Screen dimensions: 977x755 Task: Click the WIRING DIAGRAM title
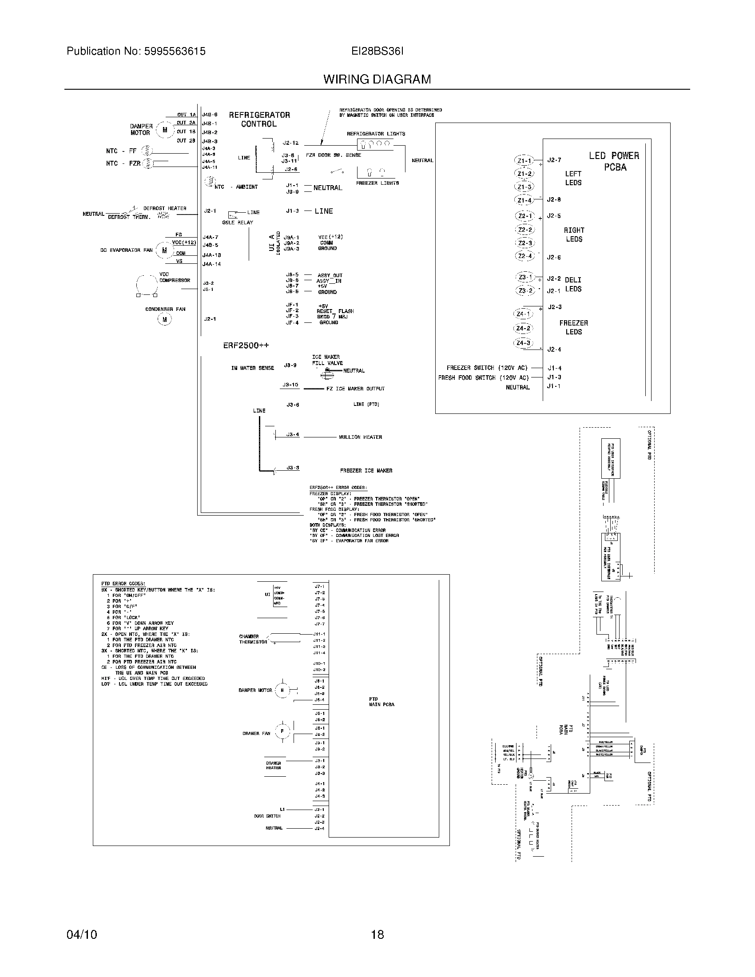(x=377, y=79)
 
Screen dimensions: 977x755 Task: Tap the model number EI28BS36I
(x=377, y=52)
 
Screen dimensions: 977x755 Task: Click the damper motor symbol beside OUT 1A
(x=165, y=130)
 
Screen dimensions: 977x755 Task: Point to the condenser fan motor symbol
(x=165, y=319)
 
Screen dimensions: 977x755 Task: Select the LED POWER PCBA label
(x=614, y=161)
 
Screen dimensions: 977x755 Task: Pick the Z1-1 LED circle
(x=524, y=161)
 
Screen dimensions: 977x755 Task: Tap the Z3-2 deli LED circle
(x=525, y=290)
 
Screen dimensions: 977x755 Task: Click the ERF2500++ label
(x=246, y=346)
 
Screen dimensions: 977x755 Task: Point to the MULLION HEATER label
(x=360, y=437)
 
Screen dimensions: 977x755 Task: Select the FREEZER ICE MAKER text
(x=366, y=471)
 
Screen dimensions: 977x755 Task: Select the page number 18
(x=377, y=934)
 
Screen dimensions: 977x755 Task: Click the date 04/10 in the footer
(x=82, y=934)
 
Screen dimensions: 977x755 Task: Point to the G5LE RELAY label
(x=238, y=222)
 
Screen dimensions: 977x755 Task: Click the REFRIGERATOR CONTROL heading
(x=259, y=119)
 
